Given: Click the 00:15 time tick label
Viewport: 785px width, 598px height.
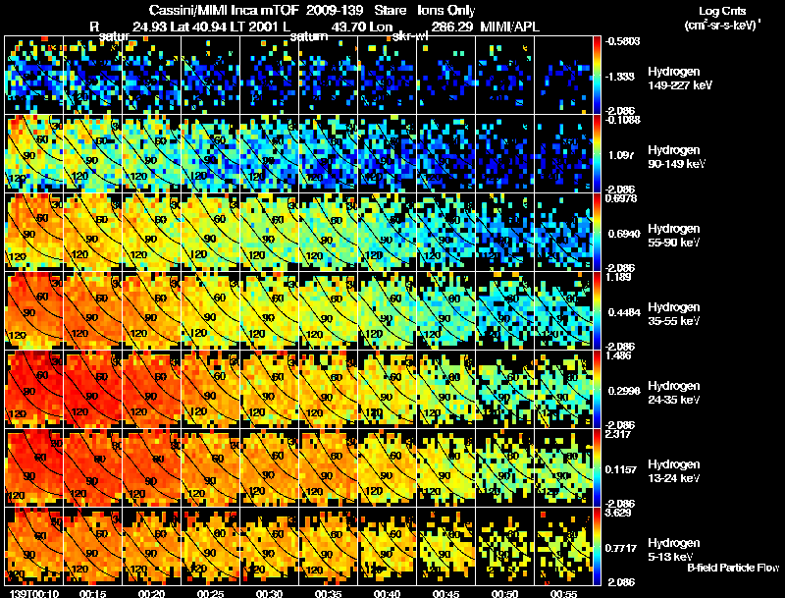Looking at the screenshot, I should coord(93,592).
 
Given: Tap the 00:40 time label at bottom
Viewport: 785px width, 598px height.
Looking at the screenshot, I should coord(389,592).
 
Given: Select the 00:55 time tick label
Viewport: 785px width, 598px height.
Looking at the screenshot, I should coord(565,592).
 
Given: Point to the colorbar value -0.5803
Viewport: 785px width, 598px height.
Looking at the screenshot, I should coord(620,41).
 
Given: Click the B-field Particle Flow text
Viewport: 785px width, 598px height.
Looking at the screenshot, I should coord(733,568).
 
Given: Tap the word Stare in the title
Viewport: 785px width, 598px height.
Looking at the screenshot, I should coord(389,9).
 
